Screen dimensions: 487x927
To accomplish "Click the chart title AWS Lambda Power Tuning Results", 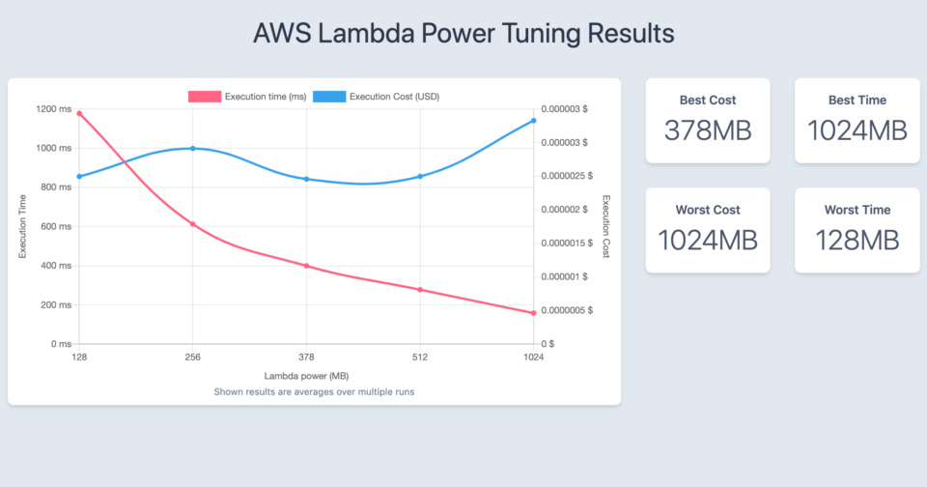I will click(x=463, y=33).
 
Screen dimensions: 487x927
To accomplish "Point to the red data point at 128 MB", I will click(x=79, y=114).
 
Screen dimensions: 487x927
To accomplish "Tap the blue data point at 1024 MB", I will click(x=534, y=121).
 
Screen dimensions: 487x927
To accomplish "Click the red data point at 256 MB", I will click(x=193, y=224).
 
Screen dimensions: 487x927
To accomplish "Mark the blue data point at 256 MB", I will click(x=193, y=149).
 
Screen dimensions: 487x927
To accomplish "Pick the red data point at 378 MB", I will click(x=306, y=266).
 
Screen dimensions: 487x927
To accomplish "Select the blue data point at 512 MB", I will click(x=420, y=176).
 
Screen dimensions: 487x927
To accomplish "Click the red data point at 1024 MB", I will click(x=534, y=313).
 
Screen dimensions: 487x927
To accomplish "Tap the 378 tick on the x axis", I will click(x=306, y=358).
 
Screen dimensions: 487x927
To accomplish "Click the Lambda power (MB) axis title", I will click(x=305, y=376).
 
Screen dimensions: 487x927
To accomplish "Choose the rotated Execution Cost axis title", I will click(x=606, y=226).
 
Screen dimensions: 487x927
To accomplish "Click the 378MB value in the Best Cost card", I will click(x=707, y=130).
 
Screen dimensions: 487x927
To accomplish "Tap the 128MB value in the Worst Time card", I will click(x=857, y=240).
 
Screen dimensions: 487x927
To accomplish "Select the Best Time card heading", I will click(x=857, y=100).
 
